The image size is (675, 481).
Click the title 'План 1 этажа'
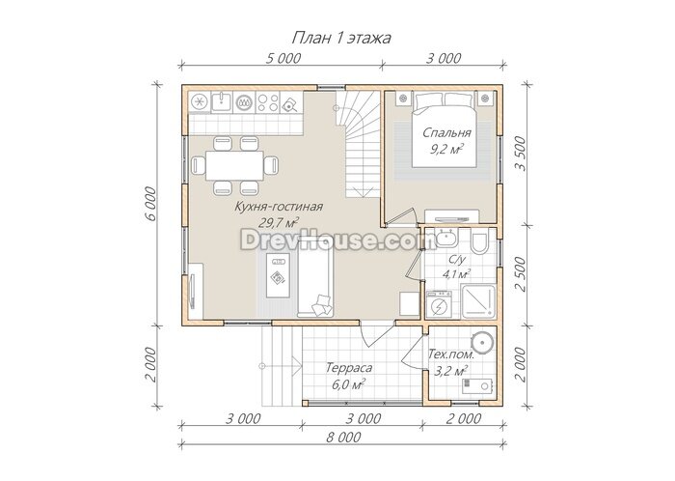coord(341,38)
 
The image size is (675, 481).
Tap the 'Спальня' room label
coord(446,132)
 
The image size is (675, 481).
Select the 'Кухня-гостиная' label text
coord(279,207)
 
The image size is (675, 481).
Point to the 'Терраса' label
coord(349,368)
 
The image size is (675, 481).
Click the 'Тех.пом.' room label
coord(450,354)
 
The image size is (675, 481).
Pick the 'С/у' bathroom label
coord(457,260)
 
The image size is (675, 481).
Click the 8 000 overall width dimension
coord(343,438)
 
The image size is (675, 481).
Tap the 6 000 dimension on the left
coord(151,204)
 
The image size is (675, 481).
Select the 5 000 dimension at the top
coord(283,58)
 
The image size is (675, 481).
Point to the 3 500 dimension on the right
coord(521,154)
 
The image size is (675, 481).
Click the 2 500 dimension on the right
coord(521,274)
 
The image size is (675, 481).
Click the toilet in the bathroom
coord(479,241)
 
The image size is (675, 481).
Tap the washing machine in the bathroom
coord(439,304)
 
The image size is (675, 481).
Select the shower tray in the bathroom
coord(478,300)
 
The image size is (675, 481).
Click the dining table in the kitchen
coord(234,165)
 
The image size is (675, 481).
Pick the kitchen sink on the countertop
coord(222,102)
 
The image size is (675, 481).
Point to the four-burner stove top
coord(267,102)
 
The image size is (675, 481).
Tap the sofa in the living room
coord(315,282)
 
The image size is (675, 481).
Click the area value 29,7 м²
coord(279,222)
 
